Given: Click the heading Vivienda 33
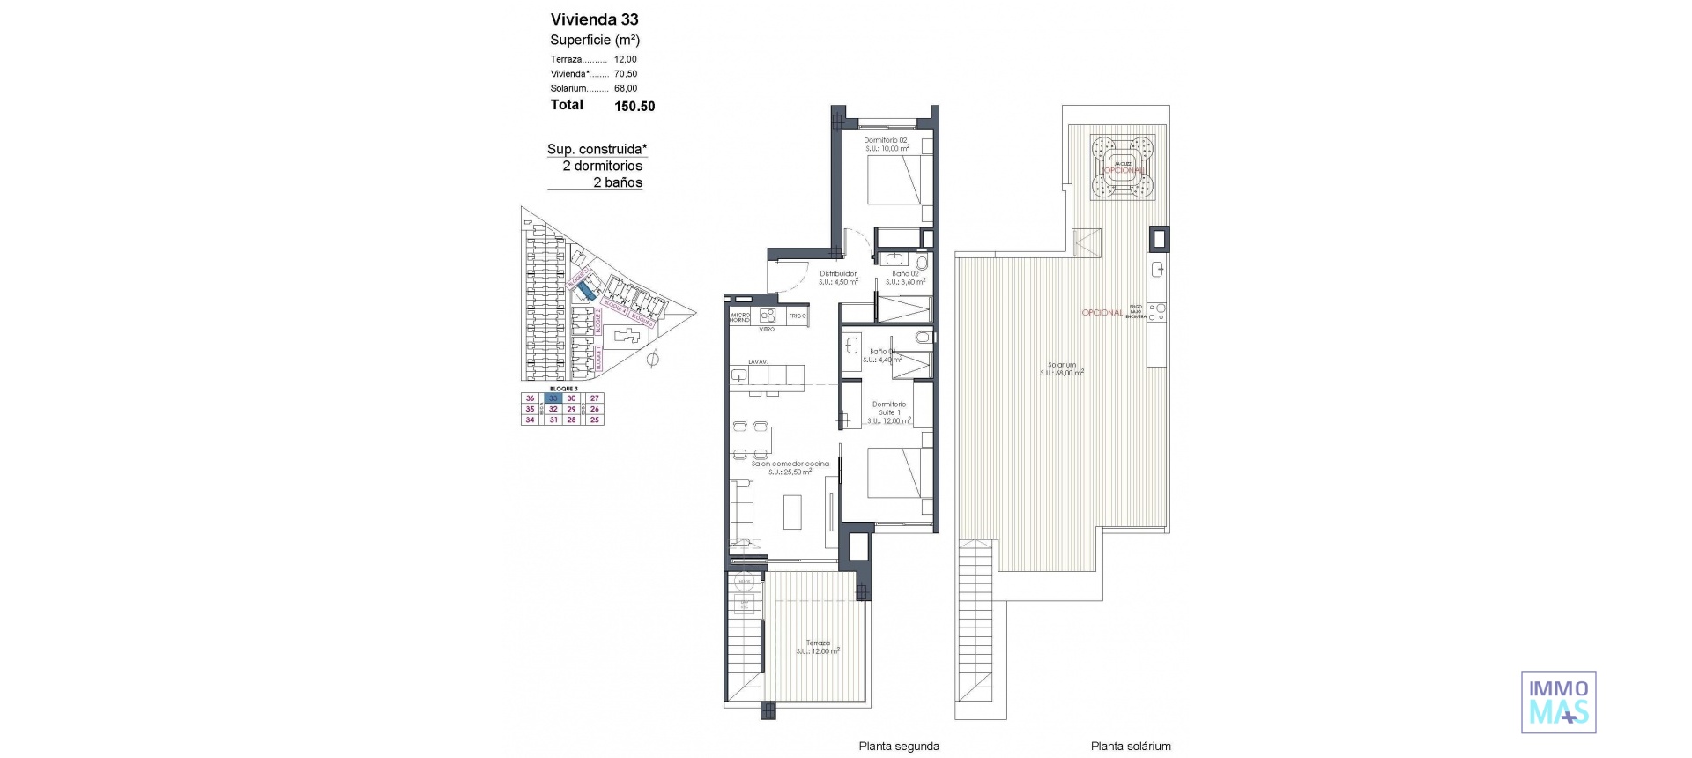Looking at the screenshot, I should pos(594,19).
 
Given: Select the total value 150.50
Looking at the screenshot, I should pos(634,106).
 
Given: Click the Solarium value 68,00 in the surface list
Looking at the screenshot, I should pos(626,88).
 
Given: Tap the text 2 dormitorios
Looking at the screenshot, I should pos(603,166).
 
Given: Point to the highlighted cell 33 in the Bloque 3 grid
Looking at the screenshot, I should pos(553,398).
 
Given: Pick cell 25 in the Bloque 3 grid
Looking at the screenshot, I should pos(595,420).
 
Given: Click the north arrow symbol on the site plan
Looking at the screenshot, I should pos(652,359).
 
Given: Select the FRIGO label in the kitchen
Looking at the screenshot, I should pos(797,316).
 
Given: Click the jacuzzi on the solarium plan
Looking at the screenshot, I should pos(1123,167).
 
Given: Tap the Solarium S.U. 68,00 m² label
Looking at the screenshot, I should pos(1062,368).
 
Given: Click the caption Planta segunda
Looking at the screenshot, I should pos(899,747).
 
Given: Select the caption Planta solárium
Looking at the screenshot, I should pos(1131,747).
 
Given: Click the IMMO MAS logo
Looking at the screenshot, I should pos(1558,702).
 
